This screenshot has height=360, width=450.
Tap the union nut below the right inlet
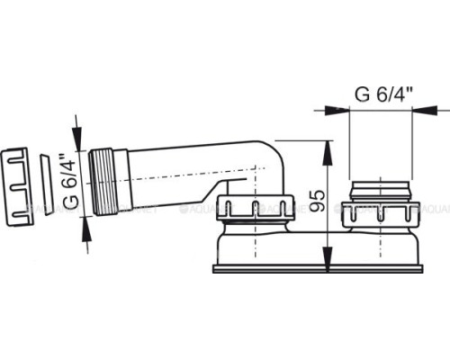(x=382, y=214)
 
